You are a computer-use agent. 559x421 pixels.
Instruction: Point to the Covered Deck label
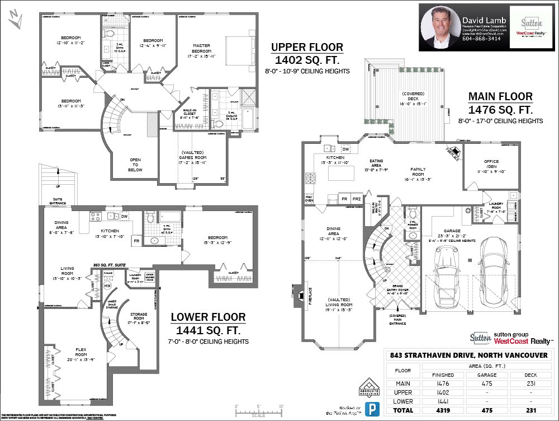413,99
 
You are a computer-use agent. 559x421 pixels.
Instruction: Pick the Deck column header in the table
531,375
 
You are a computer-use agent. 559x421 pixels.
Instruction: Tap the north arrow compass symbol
15,21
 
